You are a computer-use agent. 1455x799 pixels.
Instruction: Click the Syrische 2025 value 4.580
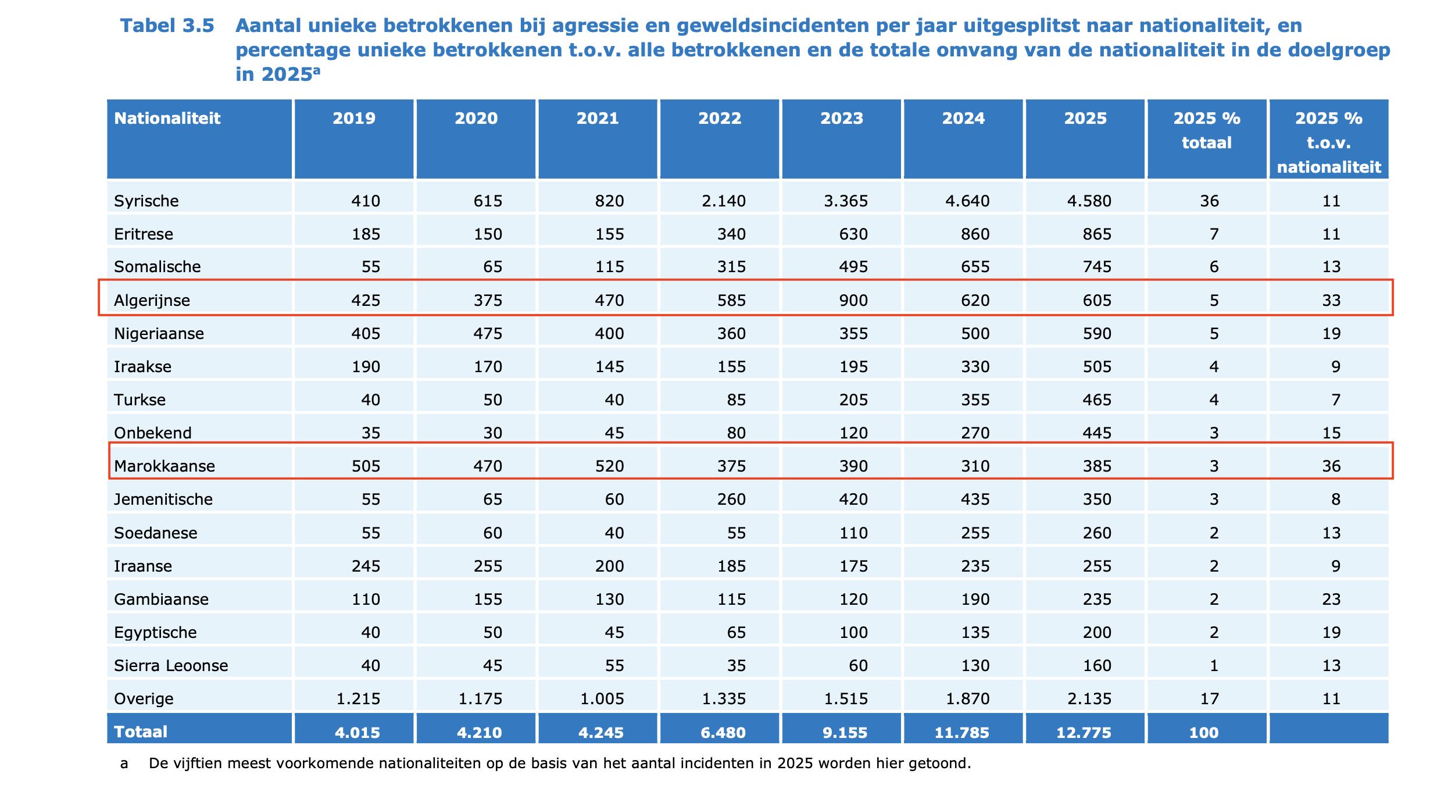[x=1089, y=201]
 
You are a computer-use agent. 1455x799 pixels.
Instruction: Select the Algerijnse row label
[x=152, y=301]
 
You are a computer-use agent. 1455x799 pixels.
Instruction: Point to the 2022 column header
[x=719, y=119]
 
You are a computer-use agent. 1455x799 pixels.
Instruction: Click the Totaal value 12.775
[x=1084, y=733]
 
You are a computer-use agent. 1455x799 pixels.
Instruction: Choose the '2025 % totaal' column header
[x=1207, y=131]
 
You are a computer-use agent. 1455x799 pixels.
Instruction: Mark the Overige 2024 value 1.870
[x=967, y=699]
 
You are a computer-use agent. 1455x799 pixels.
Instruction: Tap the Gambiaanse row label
[x=161, y=600]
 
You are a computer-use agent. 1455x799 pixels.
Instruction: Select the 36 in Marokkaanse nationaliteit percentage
[x=1331, y=466]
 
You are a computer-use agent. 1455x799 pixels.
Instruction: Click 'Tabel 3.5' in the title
[x=167, y=26]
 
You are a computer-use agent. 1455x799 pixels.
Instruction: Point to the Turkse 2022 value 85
[x=736, y=400]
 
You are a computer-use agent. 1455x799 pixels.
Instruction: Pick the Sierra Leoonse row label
[x=171, y=666]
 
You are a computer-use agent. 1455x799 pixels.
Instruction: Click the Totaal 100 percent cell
[x=1203, y=733]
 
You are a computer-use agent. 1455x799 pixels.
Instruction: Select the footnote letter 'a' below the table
[x=124, y=764]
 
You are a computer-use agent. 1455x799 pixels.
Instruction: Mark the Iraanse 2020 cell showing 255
[x=487, y=566]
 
